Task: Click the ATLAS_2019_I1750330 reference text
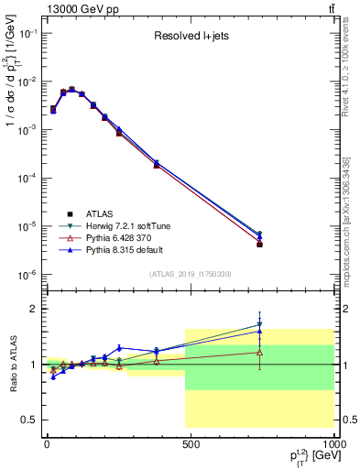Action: pos(190,273)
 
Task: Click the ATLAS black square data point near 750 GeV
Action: pos(260,245)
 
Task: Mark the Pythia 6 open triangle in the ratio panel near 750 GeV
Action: pos(260,352)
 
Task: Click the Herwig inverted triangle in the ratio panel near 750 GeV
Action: pos(260,324)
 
